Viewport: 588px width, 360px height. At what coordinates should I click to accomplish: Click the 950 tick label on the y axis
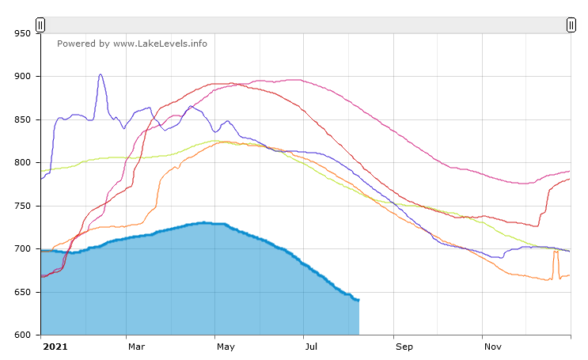[x=22, y=33]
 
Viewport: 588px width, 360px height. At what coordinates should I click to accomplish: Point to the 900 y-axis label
[x=22, y=77]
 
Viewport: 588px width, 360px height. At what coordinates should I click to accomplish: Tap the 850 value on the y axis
[x=22, y=119]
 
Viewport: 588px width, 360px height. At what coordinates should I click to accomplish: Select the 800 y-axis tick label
[x=22, y=163]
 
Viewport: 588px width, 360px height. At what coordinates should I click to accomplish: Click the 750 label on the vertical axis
[x=22, y=206]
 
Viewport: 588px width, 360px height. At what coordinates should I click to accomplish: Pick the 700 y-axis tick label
[x=22, y=249]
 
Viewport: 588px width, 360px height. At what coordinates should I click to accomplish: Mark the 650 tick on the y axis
[x=22, y=292]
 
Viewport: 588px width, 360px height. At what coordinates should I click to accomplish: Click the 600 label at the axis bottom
[x=22, y=335]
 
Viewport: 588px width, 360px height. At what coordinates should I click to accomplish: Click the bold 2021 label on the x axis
[x=55, y=347]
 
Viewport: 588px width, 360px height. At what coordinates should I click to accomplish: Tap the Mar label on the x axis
[x=136, y=347]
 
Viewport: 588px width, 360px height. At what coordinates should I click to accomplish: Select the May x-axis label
[x=226, y=347]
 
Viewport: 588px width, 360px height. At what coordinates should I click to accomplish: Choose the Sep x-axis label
[x=404, y=347]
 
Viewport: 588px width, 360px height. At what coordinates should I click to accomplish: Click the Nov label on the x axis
[x=493, y=347]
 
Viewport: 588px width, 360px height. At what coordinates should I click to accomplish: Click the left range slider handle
[x=40, y=25]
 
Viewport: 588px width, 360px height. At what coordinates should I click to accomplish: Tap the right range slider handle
[x=571, y=25]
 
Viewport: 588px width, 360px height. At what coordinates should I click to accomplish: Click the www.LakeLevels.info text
[x=160, y=44]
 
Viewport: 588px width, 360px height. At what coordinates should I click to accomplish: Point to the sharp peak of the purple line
[x=101, y=74]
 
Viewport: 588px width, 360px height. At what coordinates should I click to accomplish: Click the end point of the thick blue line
[x=358, y=300]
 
